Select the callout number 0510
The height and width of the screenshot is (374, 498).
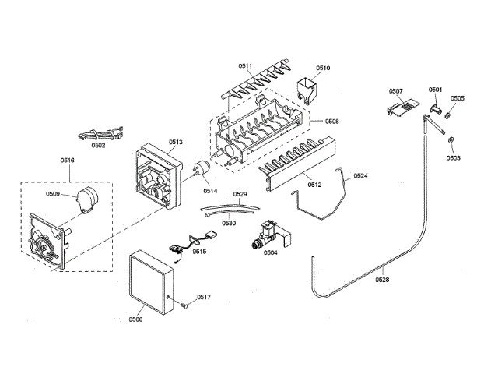[x=323, y=68]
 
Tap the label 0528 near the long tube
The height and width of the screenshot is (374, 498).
[x=384, y=277]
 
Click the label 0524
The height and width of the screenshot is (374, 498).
[x=361, y=176]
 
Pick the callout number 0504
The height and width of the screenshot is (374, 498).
[x=270, y=252]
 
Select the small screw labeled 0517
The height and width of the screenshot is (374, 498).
[x=184, y=305]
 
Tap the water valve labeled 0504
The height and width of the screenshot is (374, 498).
[x=268, y=233]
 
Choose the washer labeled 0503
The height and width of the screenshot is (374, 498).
[x=451, y=140]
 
